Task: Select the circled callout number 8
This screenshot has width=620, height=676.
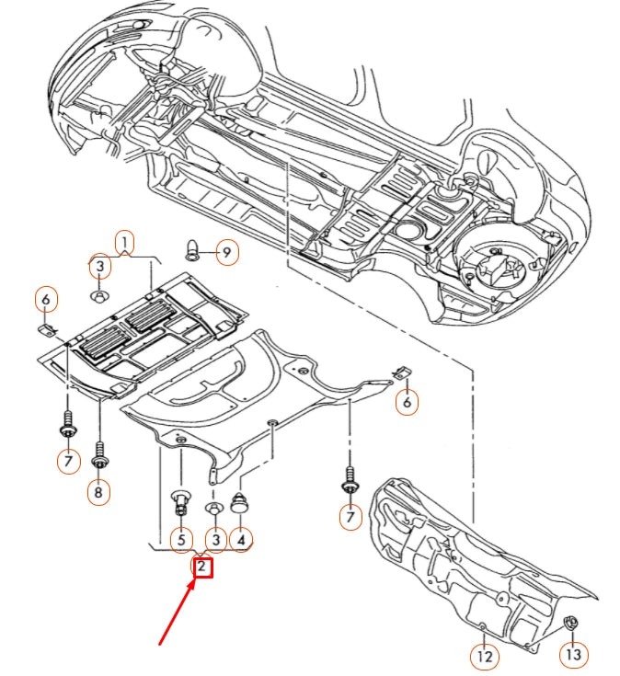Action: pyautogui.click(x=98, y=493)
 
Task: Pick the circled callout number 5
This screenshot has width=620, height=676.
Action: pyautogui.click(x=181, y=539)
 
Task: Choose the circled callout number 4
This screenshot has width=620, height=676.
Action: pyautogui.click(x=242, y=539)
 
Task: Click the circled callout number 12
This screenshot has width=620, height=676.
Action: pyautogui.click(x=484, y=657)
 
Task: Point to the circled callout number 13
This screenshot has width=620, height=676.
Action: pyautogui.click(x=574, y=656)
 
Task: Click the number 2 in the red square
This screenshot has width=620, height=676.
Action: pyautogui.click(x=202, y=567)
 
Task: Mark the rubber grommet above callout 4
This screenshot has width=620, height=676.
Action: pyautogui.click(x=242, y=503)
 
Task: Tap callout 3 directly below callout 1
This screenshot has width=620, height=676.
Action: pyautogui.click(x=99, y=267)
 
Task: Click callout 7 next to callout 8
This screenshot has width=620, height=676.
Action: pyautogui.click(x=68, y=460)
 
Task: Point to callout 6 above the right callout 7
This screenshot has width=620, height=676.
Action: pyautogui.click(x=406, y=401)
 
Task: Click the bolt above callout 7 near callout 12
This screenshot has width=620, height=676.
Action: pyautogui.click(x=350, y=481)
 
